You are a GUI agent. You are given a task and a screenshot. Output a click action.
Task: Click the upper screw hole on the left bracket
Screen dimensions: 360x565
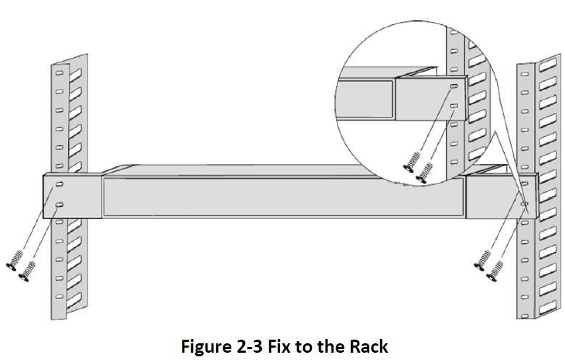[59, 184]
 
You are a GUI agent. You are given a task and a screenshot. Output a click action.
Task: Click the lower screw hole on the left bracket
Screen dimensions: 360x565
[59, 205]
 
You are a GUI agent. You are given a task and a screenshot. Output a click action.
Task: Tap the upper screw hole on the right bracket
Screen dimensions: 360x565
[524, 186]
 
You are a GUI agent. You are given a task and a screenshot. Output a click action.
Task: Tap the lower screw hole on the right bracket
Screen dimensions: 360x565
[524, 205]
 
